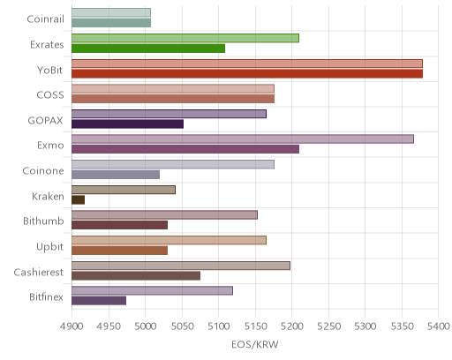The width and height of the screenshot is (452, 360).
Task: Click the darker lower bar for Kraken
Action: pyautogui.click(x=79, y=200)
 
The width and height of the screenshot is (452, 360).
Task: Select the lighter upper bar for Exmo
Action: pyautogui.click(x=243, y=139)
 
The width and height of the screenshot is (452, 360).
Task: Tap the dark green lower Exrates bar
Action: pyautogui.click(x=148, y=49)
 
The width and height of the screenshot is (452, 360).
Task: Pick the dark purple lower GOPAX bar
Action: pyautogui.click(x=128, y=124)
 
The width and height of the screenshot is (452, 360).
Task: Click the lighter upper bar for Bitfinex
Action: pyautogui.click(x=153, y=290)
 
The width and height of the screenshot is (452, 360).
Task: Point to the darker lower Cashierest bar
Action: pyautogui.click(x=136, y=276)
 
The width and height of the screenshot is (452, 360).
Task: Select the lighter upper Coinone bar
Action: pyautogui.click(x=173, y=164)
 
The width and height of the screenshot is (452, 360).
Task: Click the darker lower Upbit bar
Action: pyautogui.click(x=120, y=251)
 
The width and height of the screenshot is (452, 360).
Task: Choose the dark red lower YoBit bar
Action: pyautogui.click(x=247, y=74)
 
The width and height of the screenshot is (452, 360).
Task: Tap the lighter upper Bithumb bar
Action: pyautogui.click(x=165, y=215)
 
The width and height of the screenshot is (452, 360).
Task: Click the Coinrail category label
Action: pyautogui.click(x=45, y=19)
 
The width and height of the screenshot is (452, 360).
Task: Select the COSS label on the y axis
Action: pyautogui.click(x=50, y=95)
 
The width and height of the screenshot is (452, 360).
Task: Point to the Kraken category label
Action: pyautogui.click(x=48, y=196)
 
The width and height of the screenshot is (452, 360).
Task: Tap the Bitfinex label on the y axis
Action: pyautogui.click(x=46, y=297)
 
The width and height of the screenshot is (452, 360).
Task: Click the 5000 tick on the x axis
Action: pyautogui.click(x=145, y=326)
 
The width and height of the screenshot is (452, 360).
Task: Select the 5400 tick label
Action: pyautogui.click(x=438, y=326)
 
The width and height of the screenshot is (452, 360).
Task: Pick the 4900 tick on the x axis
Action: pyautogui.click(x=72, y=326)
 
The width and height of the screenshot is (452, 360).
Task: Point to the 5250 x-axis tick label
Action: pyautogui.click(x=328, y=326)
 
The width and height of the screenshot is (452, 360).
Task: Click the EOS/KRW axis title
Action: pyautogui.click(x=255, y=345)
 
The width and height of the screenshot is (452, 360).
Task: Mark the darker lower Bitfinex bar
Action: pyautogui.click(x=99, y=301)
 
